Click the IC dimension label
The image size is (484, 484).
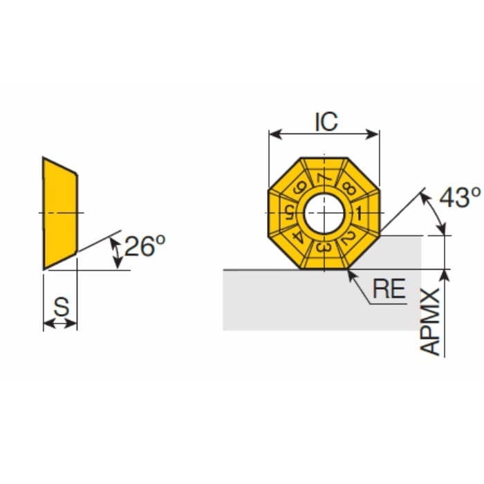click(326, 121)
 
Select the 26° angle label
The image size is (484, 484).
click(145, 245)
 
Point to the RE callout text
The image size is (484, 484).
click(389, 289)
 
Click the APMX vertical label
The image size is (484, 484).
click(431, 322)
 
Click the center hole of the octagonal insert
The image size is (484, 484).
click(324, 212)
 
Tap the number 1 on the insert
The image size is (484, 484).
click(360, 211)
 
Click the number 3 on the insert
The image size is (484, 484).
click(323, 248)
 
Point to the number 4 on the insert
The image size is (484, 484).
click(298, 236)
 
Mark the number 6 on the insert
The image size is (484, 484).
click(299, 187)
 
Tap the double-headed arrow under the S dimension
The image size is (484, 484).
click(61, 322)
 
